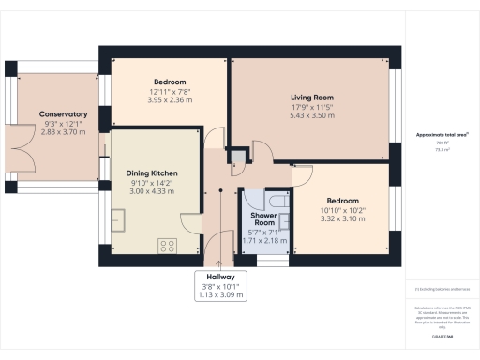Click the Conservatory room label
[x=63, y=114]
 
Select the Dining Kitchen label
[x=152, y=173]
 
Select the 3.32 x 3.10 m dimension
[x=342, y=218]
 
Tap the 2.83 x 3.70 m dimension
[x=63, y=133]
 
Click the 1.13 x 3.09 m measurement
[x=220, y=294]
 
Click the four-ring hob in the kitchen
[x=168, y=246]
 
